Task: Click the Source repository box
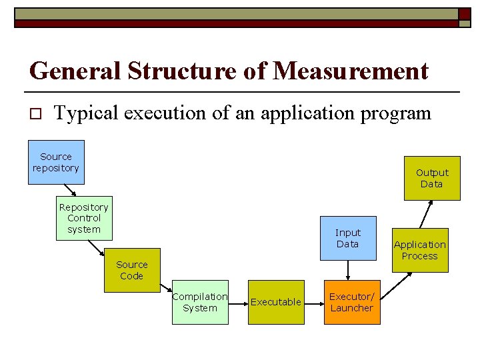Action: [56, 162]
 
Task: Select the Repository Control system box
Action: [84, 218]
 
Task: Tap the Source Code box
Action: [132, 270]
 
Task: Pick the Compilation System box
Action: [200, 302]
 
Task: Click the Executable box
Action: [276, 302]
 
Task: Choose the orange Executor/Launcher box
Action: [352, 302]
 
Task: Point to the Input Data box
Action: [347, 238]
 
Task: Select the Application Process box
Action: [420, 250]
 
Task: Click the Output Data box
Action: [432, 178]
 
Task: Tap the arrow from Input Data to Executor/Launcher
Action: [348, 270]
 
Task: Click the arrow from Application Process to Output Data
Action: [425, 215]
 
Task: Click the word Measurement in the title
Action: [352, 71]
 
